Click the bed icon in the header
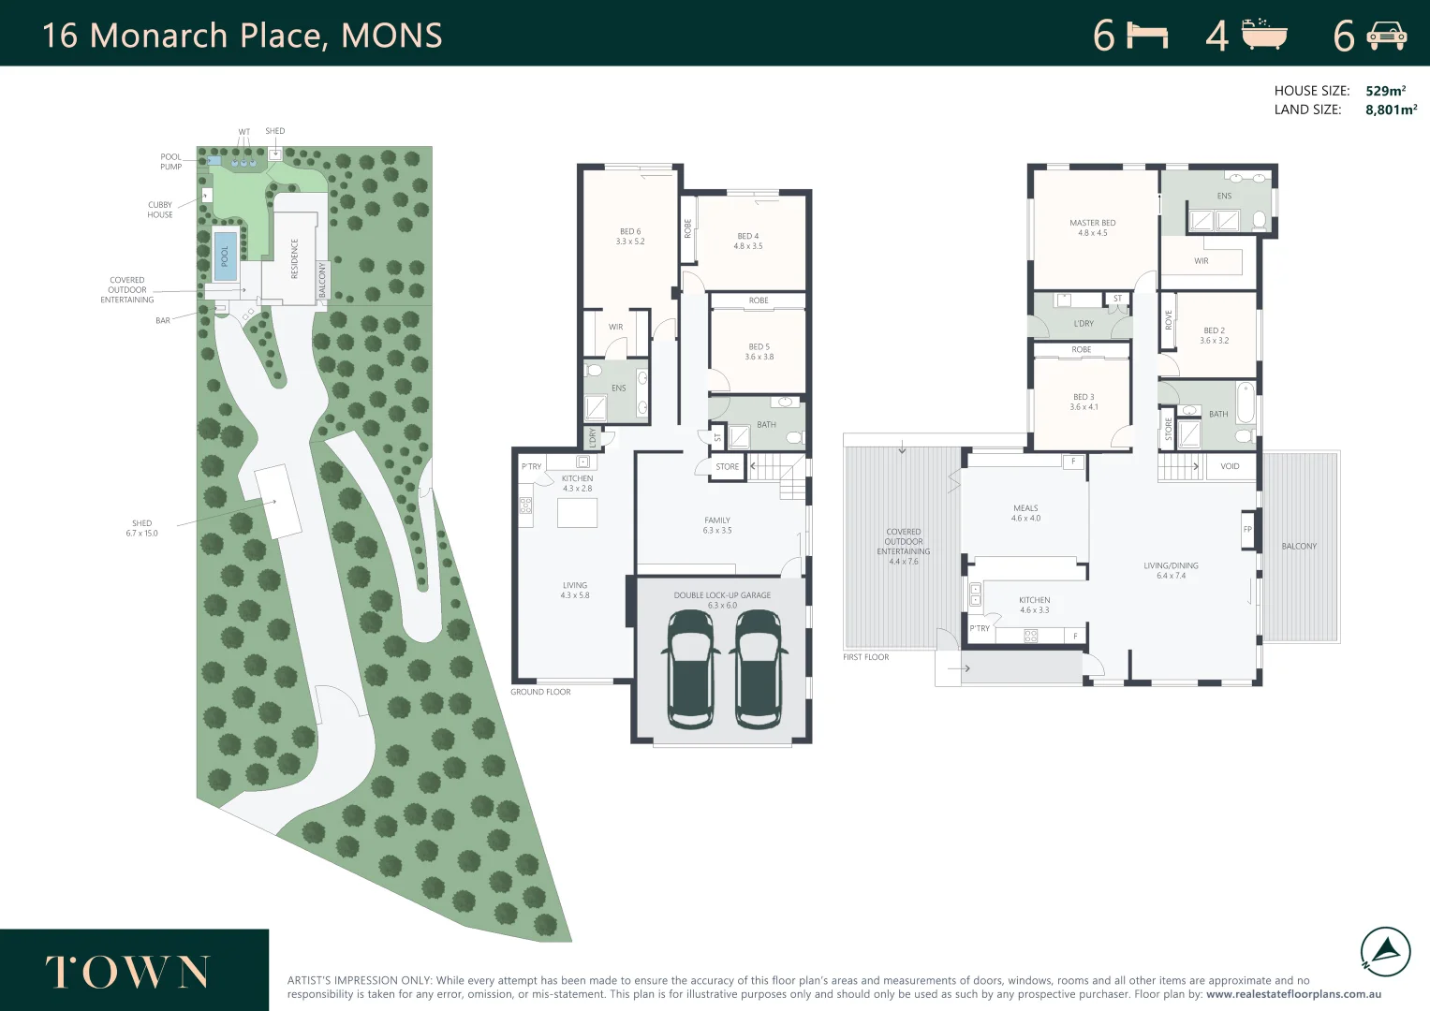1147,36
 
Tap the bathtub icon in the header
1264,35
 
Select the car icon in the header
1386,36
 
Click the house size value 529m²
1385,91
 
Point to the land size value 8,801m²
1391,110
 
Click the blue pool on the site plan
225,256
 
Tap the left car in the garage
690,668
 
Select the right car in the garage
757,668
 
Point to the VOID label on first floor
1230,466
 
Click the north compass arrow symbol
1385,951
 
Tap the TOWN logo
127,972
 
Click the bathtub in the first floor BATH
1246,403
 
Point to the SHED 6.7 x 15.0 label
142,528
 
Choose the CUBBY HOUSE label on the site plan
159,210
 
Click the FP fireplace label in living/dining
1247,530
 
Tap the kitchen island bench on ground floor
577,513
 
